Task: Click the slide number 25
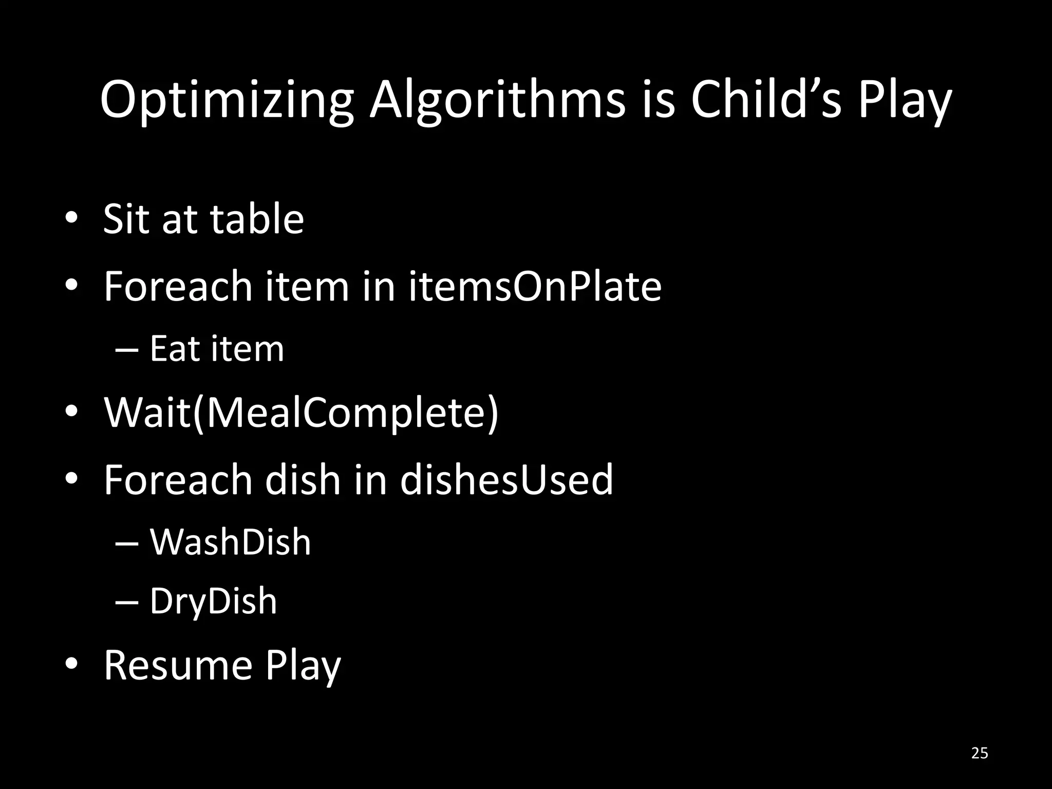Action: [980, 753]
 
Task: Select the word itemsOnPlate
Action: [535, 286]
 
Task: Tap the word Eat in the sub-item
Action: [174, 349]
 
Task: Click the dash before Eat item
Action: [127, 349]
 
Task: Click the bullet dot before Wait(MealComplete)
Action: [71, 412]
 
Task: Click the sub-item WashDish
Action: [230, 542]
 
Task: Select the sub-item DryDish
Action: [213, 601]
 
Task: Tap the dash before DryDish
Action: [127, 601]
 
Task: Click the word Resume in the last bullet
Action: [178, 666]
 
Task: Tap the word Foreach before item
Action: [178, 286]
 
